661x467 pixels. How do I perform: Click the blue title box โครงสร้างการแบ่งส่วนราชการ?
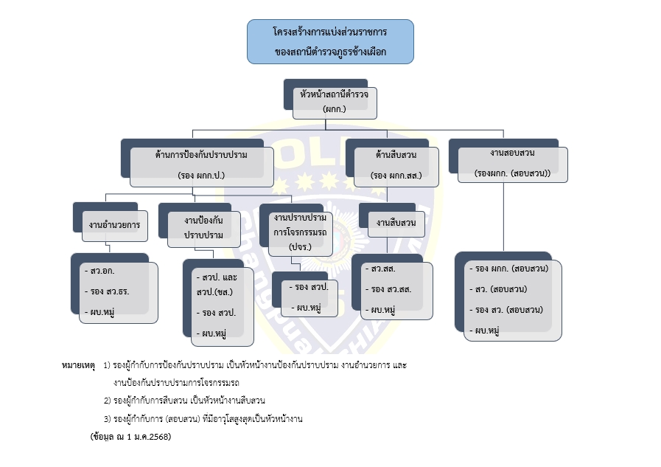(x=330, y=41)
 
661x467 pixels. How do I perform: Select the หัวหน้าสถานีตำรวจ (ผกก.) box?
(x=335, y=102)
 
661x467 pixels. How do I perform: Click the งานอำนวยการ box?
(x=114, y=224)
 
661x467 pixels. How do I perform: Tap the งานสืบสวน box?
(x=396, y=222)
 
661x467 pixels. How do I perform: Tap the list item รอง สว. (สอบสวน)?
(x=509, y=310)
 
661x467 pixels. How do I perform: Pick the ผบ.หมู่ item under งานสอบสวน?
(x=488, y=331)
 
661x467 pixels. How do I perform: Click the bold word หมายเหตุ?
(x=79, y=366)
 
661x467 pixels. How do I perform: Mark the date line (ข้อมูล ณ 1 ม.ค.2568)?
(x=130, y=437)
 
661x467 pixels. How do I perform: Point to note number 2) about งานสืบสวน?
(x=184, y=401)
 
